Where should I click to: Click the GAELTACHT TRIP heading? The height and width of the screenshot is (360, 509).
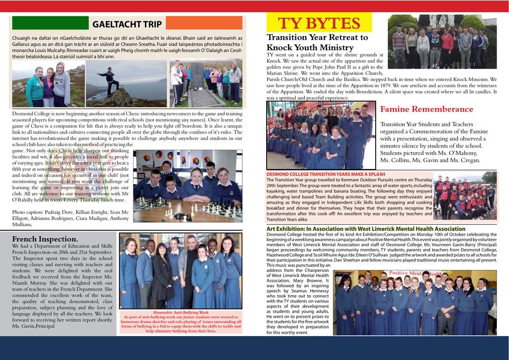127,24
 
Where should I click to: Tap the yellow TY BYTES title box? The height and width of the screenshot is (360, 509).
319,23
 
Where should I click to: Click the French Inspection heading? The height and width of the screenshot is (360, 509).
45,239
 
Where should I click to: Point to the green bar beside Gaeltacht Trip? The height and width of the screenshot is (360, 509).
50,22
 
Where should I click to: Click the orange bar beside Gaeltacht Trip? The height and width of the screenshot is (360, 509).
204,23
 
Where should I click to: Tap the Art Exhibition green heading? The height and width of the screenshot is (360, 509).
359,229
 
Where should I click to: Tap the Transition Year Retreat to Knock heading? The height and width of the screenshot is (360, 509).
317,42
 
